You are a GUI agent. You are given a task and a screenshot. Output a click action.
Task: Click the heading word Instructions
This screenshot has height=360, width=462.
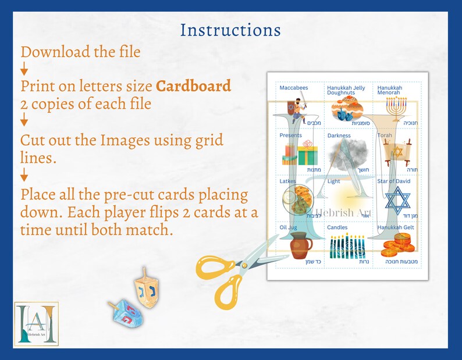[230, 30]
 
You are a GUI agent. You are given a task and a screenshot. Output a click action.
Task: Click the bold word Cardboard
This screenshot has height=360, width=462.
[193, 86]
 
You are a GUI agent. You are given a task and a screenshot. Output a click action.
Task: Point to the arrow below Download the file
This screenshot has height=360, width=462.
[24, 70]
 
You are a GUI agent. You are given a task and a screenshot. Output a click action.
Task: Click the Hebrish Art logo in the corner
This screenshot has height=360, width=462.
[37, 323]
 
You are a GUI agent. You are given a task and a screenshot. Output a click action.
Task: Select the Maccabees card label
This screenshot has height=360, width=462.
[294, 88]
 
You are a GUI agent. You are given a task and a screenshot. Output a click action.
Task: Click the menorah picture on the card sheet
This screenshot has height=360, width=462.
[399, 108]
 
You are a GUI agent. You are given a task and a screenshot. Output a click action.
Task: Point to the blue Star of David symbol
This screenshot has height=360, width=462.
[399, 200]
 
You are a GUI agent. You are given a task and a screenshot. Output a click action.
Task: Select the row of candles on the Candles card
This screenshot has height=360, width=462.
[348, 246]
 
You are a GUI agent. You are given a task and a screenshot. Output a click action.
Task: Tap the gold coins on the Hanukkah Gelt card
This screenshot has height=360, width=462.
[398, 245]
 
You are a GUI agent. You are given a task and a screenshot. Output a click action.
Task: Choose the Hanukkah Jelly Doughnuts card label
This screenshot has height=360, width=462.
[346, 90]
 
